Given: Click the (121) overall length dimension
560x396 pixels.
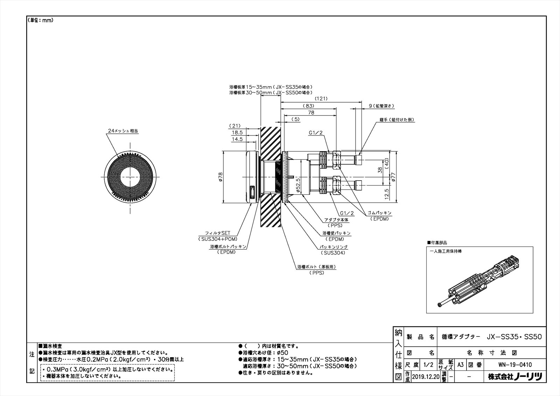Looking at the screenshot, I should pos(321,99).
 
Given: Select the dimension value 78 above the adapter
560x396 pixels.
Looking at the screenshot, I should pos(311,113).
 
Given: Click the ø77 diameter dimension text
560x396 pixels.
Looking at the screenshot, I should pos(393,177).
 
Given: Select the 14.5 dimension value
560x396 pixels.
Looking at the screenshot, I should pos(237,139).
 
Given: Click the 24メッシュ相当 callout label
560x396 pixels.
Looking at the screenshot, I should pos(123,131).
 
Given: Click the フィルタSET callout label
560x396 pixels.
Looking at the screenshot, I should pos(218,233).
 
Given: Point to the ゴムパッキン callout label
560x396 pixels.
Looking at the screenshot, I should pos(379,213).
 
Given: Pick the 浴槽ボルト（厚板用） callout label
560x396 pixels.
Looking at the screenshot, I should pos(316,267).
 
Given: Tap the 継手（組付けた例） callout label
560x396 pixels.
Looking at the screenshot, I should pos(397,120).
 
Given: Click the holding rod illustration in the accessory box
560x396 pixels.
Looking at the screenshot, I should pos(479,280).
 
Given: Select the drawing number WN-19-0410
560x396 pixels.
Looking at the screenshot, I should pos(515,365).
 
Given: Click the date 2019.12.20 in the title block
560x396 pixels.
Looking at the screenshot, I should pos(425,377).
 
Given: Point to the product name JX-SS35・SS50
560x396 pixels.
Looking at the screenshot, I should pos(514,337).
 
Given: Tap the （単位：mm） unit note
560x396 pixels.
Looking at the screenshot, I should pos(41,20).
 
